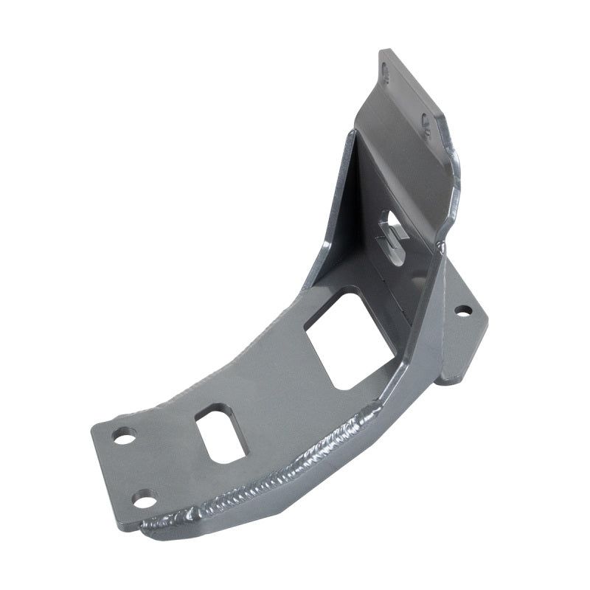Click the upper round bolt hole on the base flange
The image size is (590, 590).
pyautogui.click(x=124, y=435)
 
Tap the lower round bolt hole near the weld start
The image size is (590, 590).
pyautogui.click(x=144, y=499)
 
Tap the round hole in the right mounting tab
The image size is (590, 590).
pyautogui.click(x=462, y=310)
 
